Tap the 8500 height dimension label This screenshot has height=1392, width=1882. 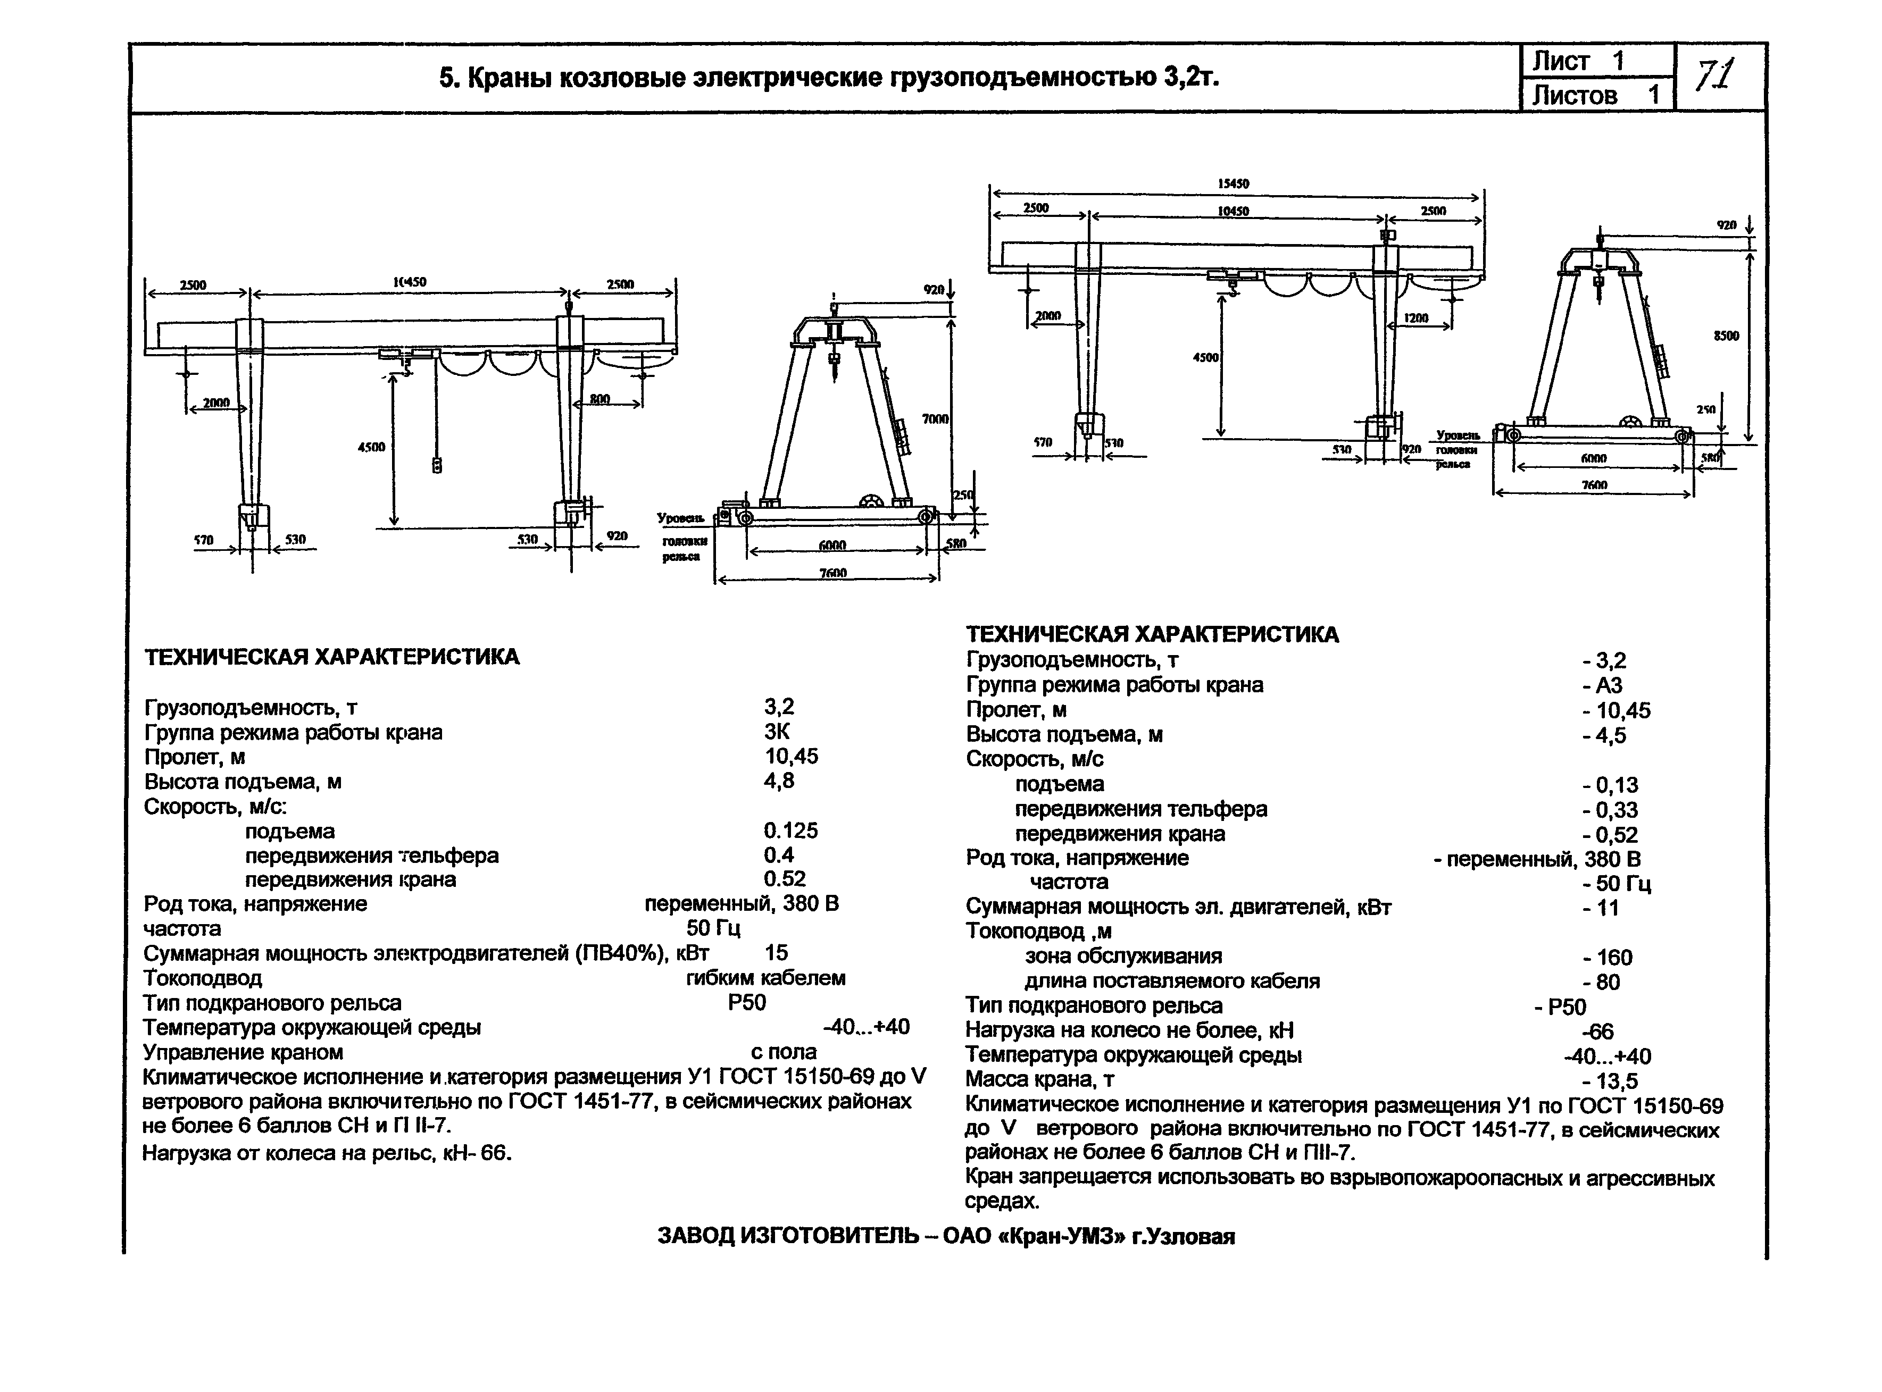[1726, 336]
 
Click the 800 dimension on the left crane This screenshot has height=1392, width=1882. [599, 399]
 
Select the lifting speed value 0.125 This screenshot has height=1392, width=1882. [790, 831]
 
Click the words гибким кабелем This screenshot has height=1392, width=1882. [765, 978]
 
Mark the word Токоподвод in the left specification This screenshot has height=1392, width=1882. [202, 978]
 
